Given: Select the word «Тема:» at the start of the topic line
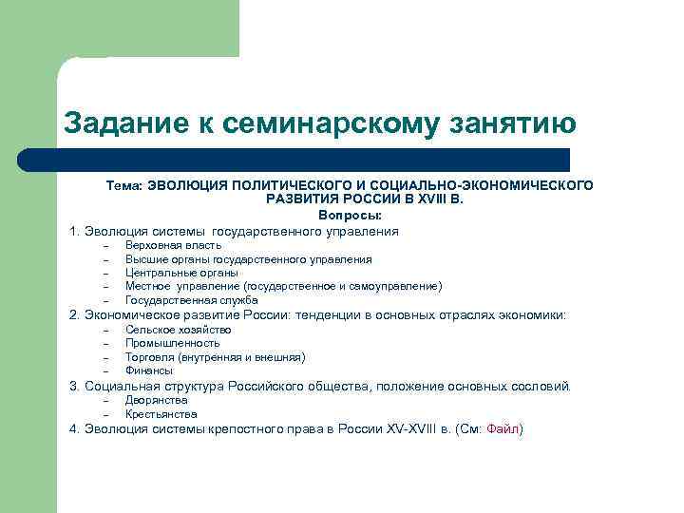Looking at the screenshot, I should point(123,185).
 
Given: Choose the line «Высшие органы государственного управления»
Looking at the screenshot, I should point(248,259).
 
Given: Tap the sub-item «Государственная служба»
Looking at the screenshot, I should point(191,300).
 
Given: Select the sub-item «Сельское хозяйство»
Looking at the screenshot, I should point(178,330).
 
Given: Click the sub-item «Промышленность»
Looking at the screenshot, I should point(172,343).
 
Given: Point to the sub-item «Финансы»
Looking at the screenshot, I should point(149,370).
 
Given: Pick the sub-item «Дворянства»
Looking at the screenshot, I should point(156,400).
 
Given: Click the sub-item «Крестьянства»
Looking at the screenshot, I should point(161,414).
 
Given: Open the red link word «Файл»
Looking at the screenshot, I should point(503,429).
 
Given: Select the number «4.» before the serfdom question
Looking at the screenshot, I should point(74,429).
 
